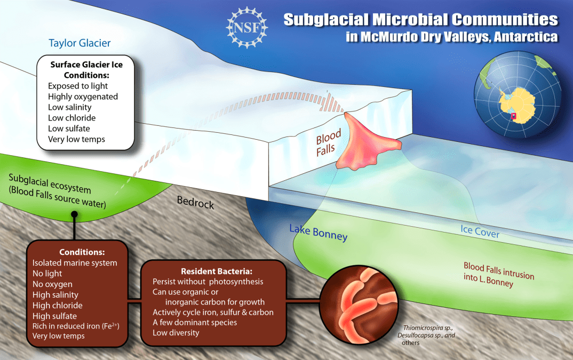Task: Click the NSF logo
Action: click(246, 28)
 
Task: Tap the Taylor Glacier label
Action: click(79, 43)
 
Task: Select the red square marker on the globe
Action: click(513, 116)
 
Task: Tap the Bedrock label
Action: click(195, 202)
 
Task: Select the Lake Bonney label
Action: click(319, 233)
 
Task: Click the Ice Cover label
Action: click(480, 231)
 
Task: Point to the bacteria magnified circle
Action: click(360, 305)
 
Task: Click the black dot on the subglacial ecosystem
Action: click(74, 214)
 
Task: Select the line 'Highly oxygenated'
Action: click(83, 97)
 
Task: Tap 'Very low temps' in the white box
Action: click(76, 139)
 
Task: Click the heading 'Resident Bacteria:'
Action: click(216, 271)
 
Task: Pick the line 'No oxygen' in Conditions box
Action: click(52, 284)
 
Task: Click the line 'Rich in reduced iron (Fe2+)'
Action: click(76, 326)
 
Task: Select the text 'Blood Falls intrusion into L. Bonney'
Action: click(499, 274)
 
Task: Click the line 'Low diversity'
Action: click(176, 333)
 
